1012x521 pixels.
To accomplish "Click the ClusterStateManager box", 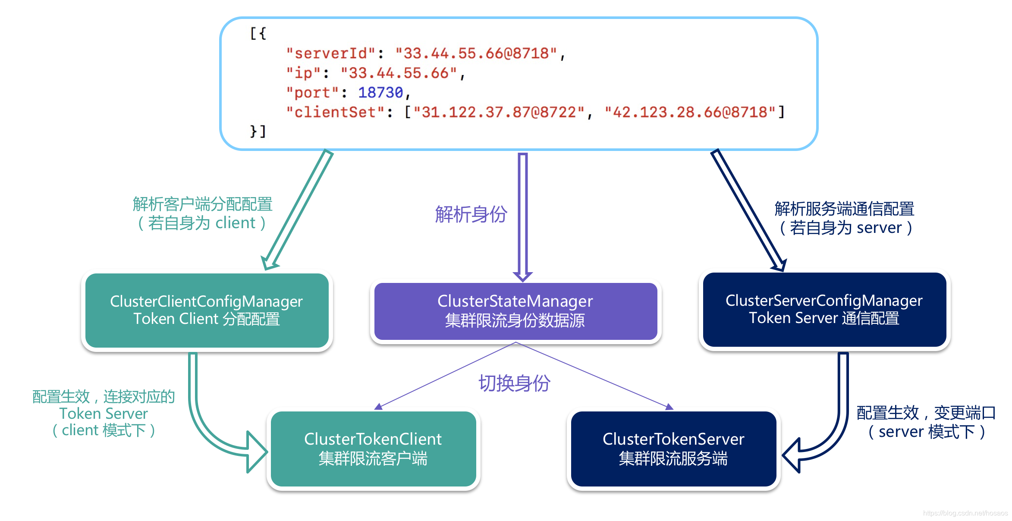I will point(515,311).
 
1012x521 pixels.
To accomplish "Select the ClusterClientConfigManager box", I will point(207,310).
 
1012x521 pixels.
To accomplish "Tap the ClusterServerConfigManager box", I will point(824,309).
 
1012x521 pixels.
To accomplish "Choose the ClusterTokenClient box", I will point(373,449).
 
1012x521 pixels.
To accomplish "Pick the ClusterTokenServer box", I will point(673,449).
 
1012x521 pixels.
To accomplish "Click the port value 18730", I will point(380,92).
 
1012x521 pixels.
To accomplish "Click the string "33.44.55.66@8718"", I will point(476,53).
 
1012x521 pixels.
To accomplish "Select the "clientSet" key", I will point(335,112).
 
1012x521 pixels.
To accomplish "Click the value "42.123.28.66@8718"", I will point(690,112).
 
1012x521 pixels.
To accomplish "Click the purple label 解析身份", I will point(471,214).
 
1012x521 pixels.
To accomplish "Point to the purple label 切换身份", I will point(514,383).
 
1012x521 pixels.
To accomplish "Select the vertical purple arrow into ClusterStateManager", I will point(523,216).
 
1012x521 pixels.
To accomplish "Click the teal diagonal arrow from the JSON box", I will point(298,210).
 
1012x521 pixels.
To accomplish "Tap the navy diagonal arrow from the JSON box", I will point(748,210).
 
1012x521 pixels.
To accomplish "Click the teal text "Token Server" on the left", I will point(104,414).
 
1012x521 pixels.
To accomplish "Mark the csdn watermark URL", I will point(965,513).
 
